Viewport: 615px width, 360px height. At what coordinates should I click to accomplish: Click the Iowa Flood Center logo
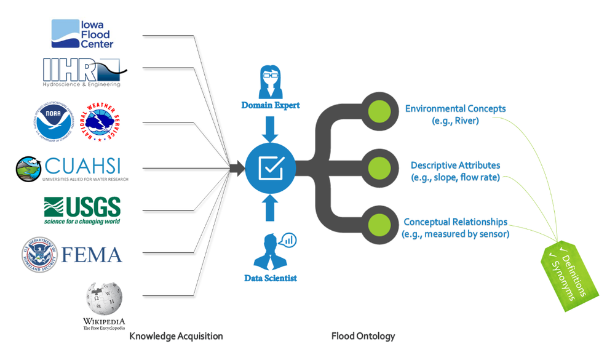pos(82,34)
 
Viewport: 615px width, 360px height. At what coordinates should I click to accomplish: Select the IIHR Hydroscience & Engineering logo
pos(83,72)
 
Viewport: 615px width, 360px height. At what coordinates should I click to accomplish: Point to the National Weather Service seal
pos(100,122)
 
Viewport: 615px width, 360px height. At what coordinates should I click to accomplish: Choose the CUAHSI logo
pos(71,169)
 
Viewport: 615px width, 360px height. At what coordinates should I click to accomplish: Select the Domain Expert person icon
pos(271,82)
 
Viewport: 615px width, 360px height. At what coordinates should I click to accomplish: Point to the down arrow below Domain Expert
pos(271,130)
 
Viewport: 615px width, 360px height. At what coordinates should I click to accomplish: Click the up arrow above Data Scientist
pos(271,207)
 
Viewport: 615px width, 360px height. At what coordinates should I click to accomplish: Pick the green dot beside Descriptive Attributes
pos(379,167)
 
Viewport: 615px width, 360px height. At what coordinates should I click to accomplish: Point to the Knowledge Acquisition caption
pos(176,336)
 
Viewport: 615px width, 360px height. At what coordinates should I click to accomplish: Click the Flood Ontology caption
pos(363,336)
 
